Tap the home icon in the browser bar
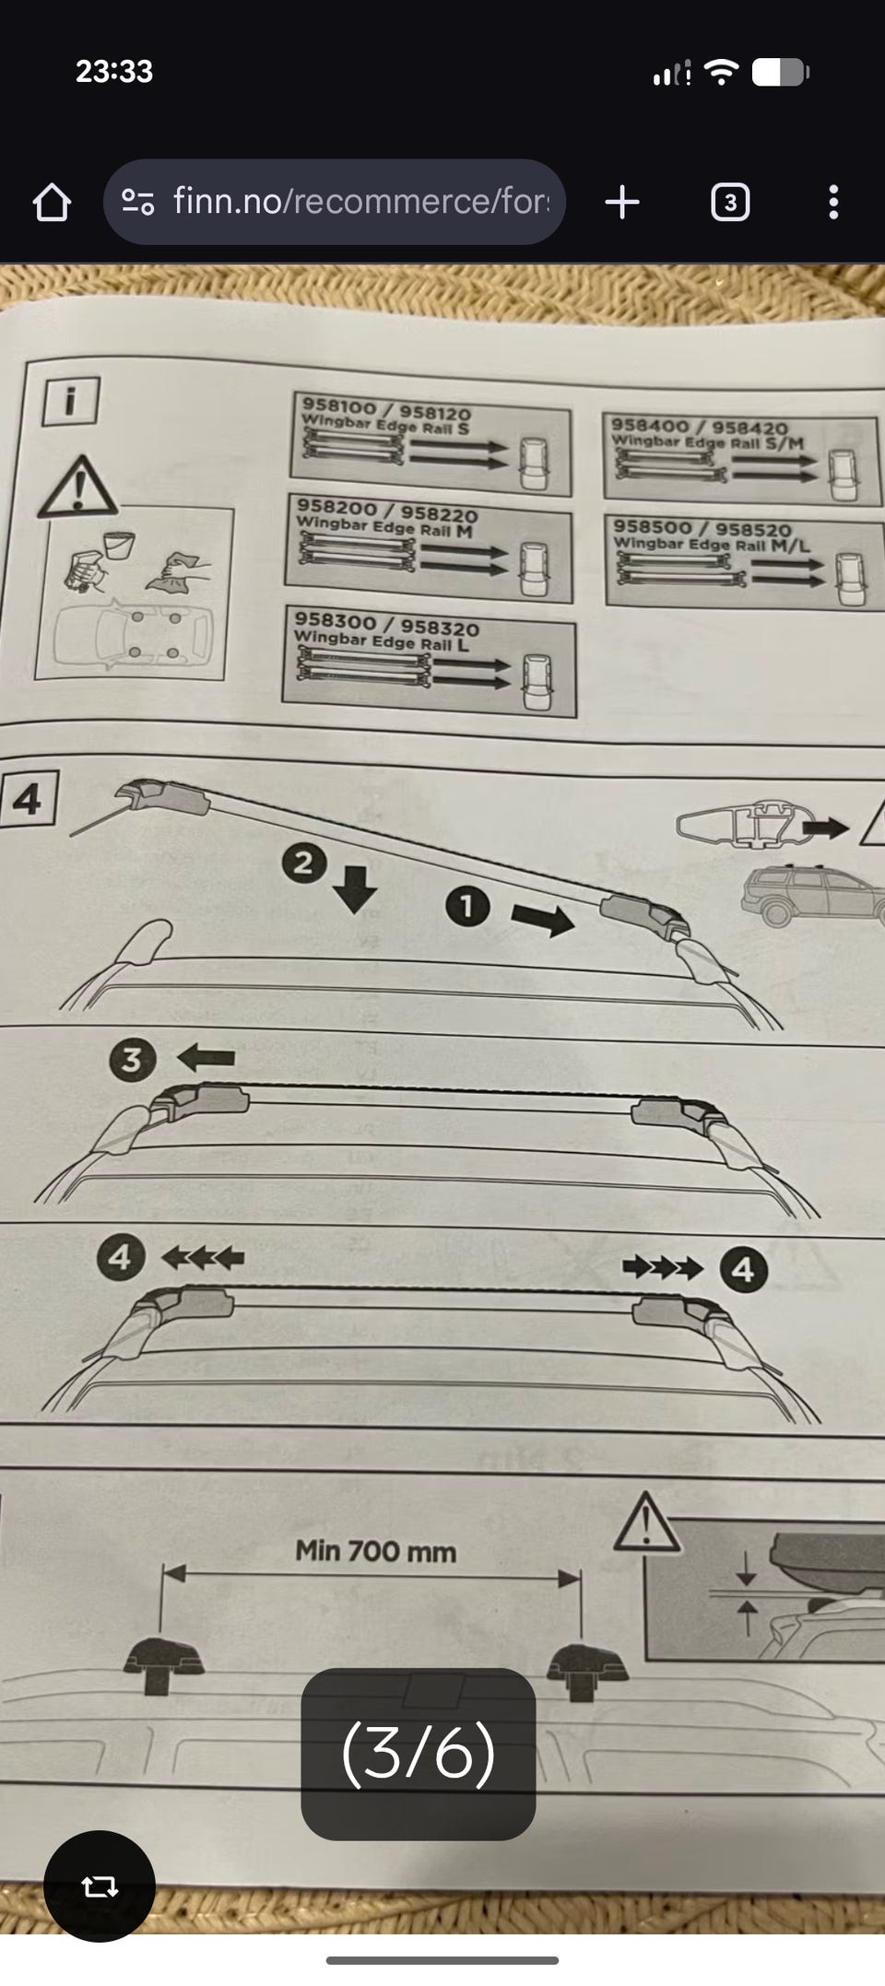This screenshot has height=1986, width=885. coord(52,202)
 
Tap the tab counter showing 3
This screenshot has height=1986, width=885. coord(730,202)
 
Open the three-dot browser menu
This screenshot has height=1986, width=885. coord(833,202)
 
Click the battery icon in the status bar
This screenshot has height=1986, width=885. coord(780,72)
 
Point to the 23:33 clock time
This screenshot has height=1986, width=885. coord(114,71)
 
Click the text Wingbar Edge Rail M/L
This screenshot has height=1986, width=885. coord(712,544)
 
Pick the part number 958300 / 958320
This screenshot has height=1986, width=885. coord(387,624)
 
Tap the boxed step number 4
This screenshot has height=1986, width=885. coord(28,798)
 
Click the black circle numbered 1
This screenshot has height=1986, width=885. coord(467,905)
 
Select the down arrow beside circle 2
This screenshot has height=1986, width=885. coord(355,888)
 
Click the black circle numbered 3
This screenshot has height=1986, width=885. coord(131,1059)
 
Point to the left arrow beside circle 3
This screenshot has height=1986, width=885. coord(206,1056)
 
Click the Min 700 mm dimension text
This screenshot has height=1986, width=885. coord(376,1551)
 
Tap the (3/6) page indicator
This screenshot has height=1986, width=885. coord(419,1753)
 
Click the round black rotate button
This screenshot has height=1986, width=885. coord(100,1886)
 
